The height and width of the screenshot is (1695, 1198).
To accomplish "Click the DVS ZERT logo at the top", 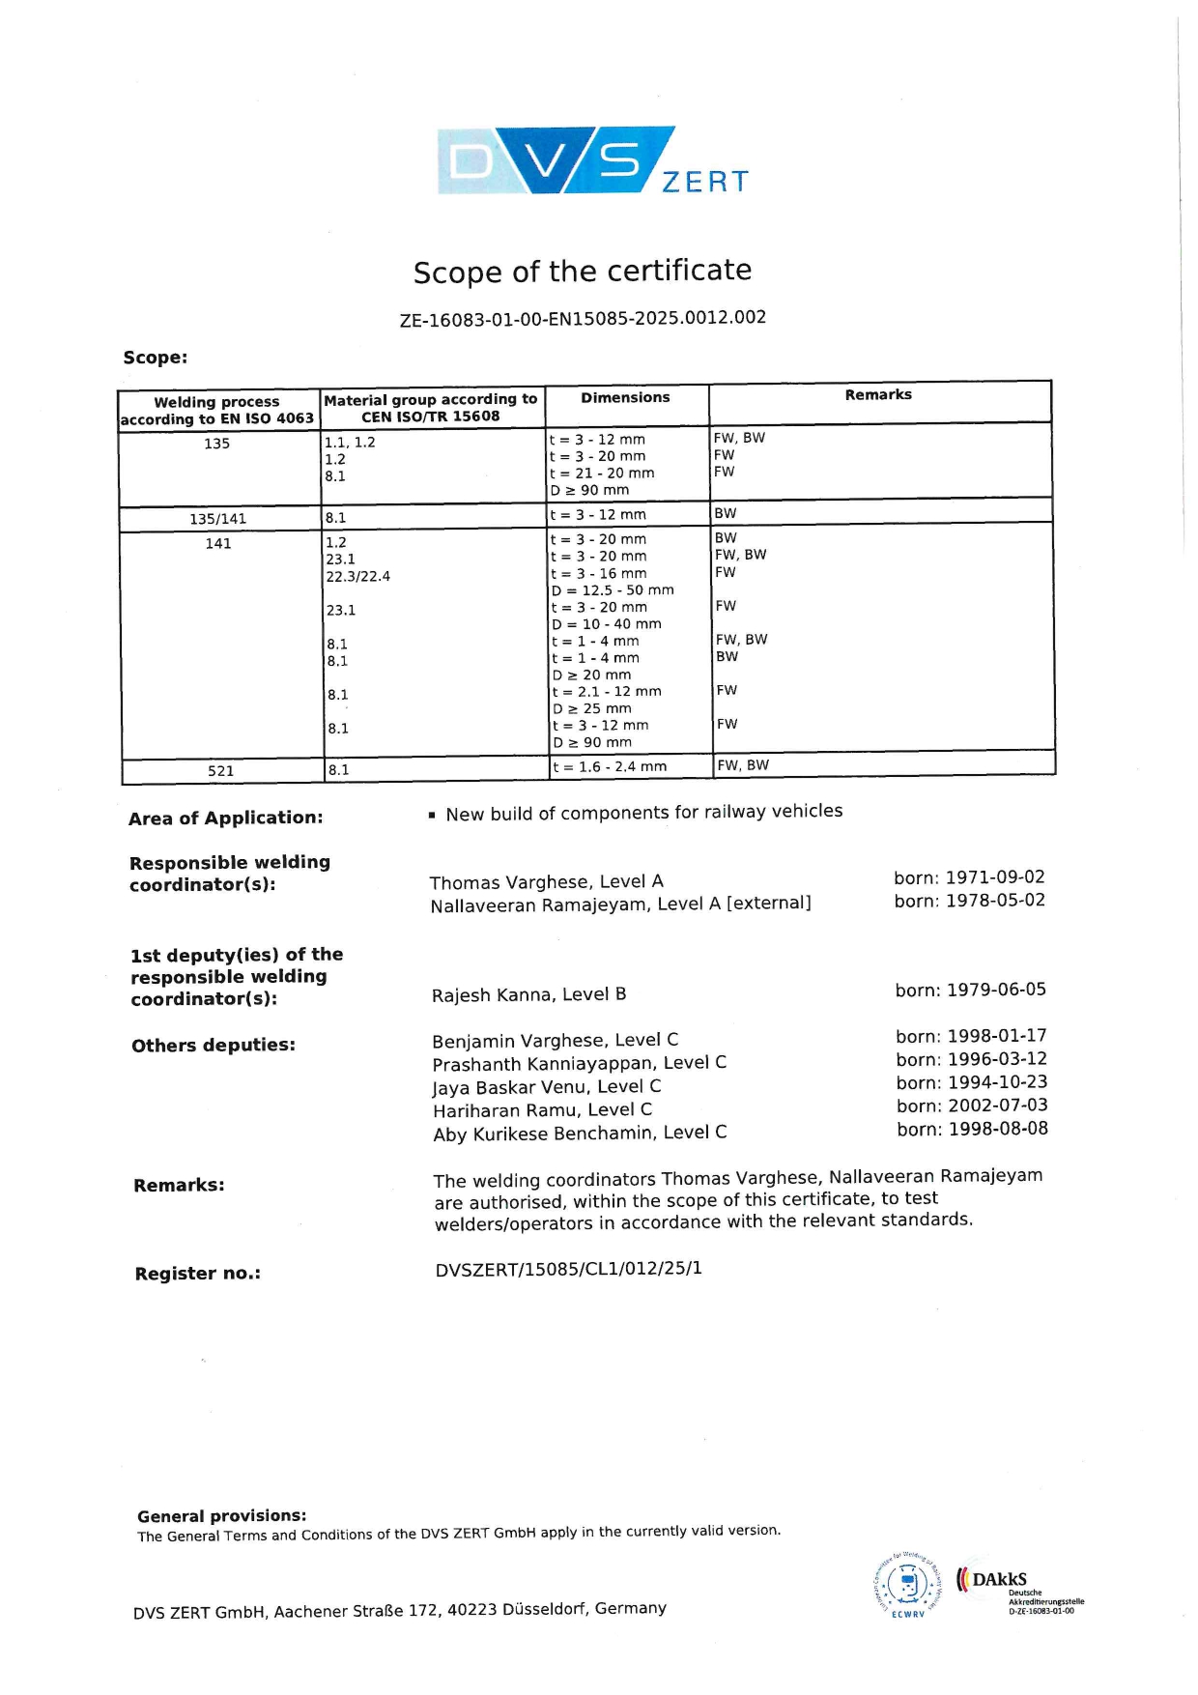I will click(592, 160).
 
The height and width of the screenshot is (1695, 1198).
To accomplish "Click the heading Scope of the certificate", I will click(583, 272).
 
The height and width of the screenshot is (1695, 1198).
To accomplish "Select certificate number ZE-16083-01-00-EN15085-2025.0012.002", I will click(583, 318).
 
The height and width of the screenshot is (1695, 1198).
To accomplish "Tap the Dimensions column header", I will click(625, 397).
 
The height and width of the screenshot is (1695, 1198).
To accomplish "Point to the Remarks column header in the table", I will click(878, 394).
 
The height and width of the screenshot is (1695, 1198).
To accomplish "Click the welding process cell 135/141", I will click(218, 519).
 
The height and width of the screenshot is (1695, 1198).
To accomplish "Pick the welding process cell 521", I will click(221, 770).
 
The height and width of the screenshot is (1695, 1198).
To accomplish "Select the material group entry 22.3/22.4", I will click(358, 576).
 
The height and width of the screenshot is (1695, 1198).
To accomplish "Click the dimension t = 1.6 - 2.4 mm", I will click(609, 766).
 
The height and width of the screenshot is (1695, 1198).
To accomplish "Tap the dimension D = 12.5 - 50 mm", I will click(613, 589).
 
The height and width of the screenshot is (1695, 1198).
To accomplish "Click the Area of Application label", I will click(226, 818).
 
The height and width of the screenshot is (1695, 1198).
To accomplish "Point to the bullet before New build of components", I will click(432, 816).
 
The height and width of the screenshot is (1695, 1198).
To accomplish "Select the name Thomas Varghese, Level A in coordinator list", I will click(546, 881).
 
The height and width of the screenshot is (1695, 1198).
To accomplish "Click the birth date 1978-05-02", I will click(995, 900).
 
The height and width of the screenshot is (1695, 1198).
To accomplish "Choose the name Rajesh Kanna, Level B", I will click(528, 994).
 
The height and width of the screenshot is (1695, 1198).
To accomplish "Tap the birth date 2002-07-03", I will click(997, 1105).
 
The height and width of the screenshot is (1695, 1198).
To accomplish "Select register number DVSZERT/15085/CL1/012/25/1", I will click(568, 1268).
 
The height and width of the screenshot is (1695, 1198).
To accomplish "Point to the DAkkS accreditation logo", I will click(1014, 1585).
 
